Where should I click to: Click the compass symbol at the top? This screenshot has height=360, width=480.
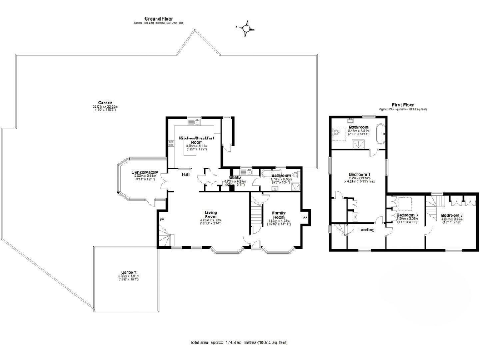[x=247, y=27]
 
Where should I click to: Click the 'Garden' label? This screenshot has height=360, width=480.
[x=104, y=102]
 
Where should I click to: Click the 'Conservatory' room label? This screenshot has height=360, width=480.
[x=144, y=172]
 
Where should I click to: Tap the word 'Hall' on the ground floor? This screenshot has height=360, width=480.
[x=186, y=174]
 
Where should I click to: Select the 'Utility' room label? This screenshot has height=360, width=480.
[x=235, y=177]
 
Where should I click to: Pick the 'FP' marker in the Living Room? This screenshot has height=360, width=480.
[x=162, y=220]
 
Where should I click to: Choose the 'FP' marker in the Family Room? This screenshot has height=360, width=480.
[x=305, y=217]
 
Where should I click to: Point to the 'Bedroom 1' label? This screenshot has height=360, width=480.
[x=359, y=174]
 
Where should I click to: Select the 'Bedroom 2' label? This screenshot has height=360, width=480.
[x=451, y=216]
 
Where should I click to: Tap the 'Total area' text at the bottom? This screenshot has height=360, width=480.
[x=239, y=342]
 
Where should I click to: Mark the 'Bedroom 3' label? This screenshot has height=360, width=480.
[x=407, y=215]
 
